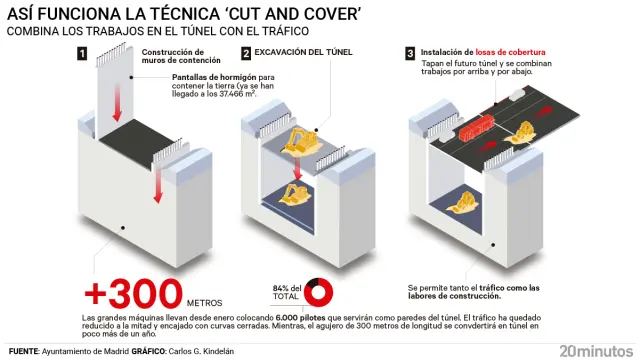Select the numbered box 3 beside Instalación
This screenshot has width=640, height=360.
[x=410, y=53]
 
